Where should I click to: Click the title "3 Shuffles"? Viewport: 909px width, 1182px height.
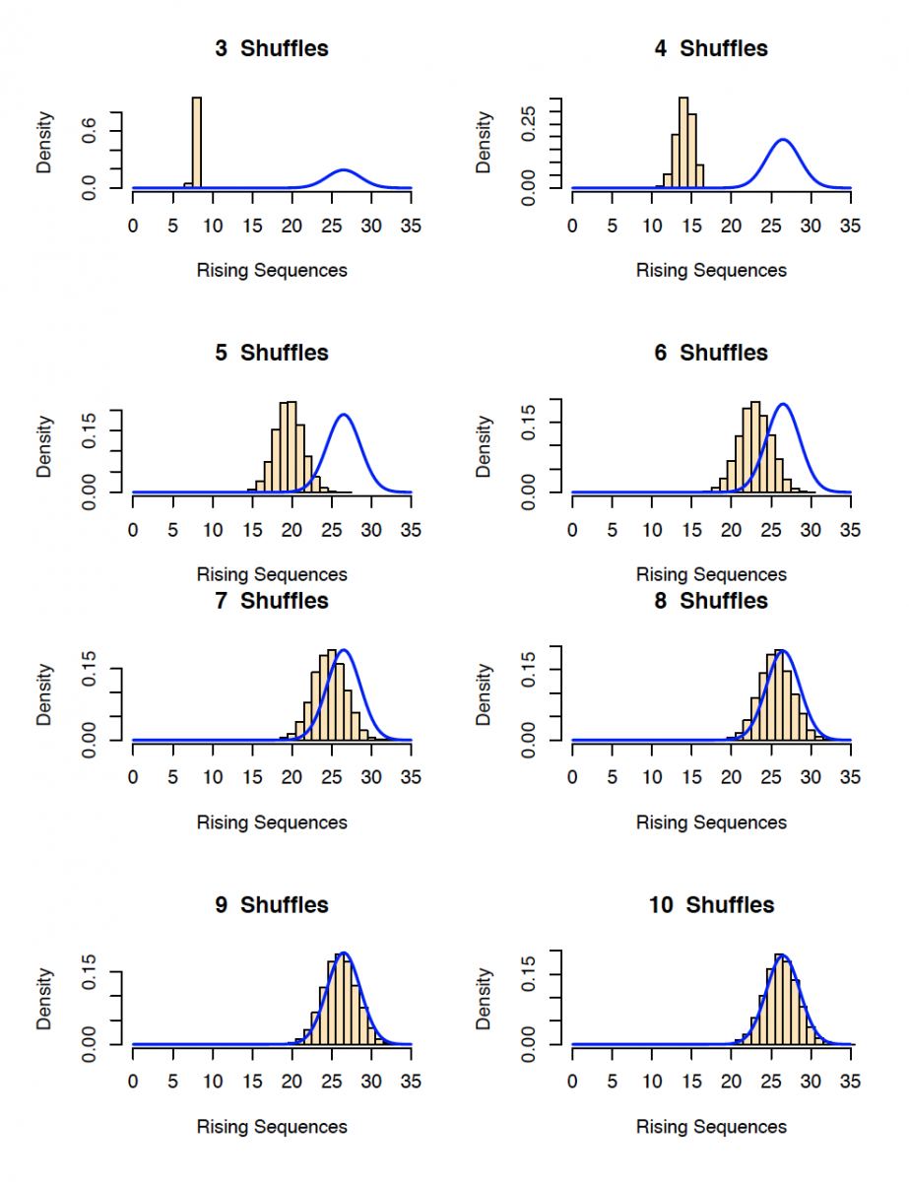click(x=272, y=48)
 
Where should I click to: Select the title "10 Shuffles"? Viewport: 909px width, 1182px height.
click(x=711, y=904)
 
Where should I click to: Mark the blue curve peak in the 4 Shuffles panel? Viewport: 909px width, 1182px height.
click(x=783, y=140)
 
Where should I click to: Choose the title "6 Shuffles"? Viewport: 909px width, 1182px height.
click(x=711, y=353)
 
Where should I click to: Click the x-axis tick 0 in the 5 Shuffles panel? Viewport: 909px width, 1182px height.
click(x=133, y=530)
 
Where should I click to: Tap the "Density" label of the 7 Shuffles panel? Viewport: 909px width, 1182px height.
click(x=45, y=694)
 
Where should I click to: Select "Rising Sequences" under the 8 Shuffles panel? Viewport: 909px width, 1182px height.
click(x=711, y=822)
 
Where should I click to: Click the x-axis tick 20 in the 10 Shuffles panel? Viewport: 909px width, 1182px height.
click(x=731, y=1082)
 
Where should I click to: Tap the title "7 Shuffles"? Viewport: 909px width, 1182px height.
click(x=272, y=600)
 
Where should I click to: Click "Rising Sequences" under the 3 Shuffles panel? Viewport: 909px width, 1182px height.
click(x=272, y=270)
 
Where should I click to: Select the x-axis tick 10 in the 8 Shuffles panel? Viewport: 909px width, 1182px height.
click(x=651, y=777)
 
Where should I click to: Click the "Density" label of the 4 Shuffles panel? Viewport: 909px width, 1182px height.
click(x=485, y=143)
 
